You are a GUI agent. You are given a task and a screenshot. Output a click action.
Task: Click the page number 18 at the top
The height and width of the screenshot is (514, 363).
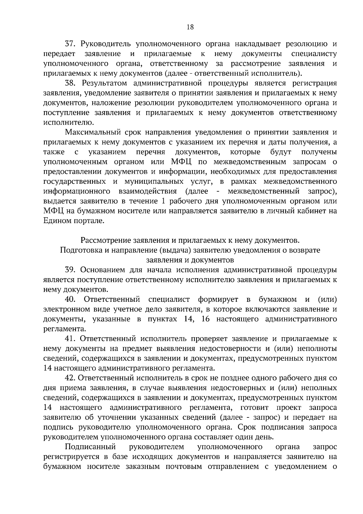pos(190,27)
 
